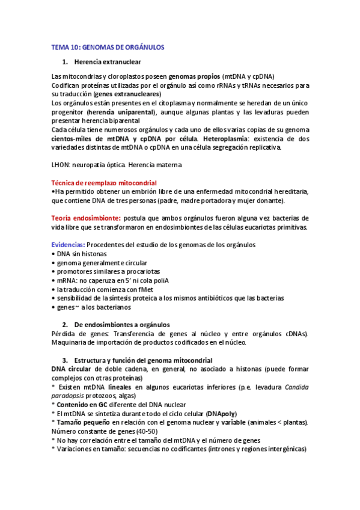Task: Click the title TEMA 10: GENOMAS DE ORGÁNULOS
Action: tap(108, 46)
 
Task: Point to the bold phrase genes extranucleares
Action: tap(127, 94)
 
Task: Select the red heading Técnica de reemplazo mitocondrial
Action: tap(104, 182)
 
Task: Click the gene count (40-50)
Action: tap(145, 431)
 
